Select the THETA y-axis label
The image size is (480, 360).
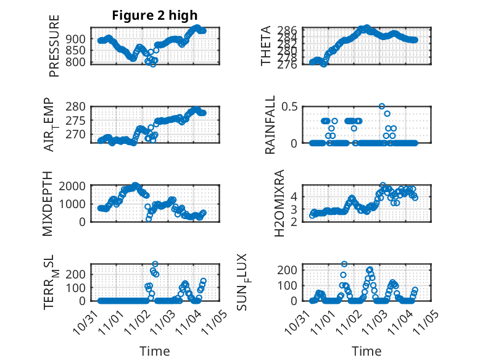coord(266,46)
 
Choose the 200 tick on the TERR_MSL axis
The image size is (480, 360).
coord(78,274)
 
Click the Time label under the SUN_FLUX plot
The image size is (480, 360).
coord(366,351)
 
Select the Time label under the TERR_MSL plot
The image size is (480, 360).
coord(155,351)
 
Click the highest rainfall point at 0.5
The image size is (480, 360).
coord(382,106)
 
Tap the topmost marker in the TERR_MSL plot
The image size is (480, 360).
coord(155,264)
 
